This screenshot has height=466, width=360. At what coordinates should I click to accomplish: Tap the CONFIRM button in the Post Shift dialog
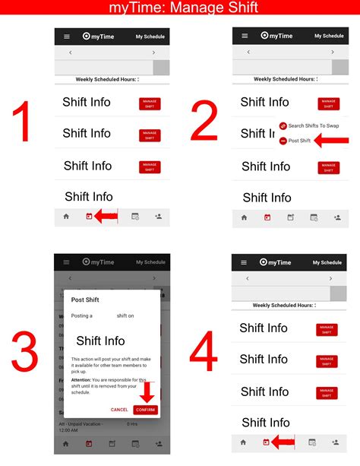pos(145,410)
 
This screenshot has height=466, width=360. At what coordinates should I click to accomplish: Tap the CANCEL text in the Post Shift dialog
pos(119,410)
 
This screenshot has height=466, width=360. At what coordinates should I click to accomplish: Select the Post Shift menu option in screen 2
pos(299,141)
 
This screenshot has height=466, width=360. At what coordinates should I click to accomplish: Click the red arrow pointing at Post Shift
pos(331,141)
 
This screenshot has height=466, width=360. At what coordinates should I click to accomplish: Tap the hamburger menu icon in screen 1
pos(66,36)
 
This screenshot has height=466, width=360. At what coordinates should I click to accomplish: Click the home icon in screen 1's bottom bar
pos(66,217)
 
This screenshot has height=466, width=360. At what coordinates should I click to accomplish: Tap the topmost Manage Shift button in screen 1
pos(150,104)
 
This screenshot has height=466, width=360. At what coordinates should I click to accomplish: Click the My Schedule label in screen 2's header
pos(328,36)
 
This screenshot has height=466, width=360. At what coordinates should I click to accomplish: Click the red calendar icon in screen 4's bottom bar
pos(266,442)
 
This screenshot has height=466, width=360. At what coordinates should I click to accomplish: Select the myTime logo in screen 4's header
pos(274,262)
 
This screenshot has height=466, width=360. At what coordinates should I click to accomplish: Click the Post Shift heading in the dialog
pos(85,300)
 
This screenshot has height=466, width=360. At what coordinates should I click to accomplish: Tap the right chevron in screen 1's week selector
pos(153,52)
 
